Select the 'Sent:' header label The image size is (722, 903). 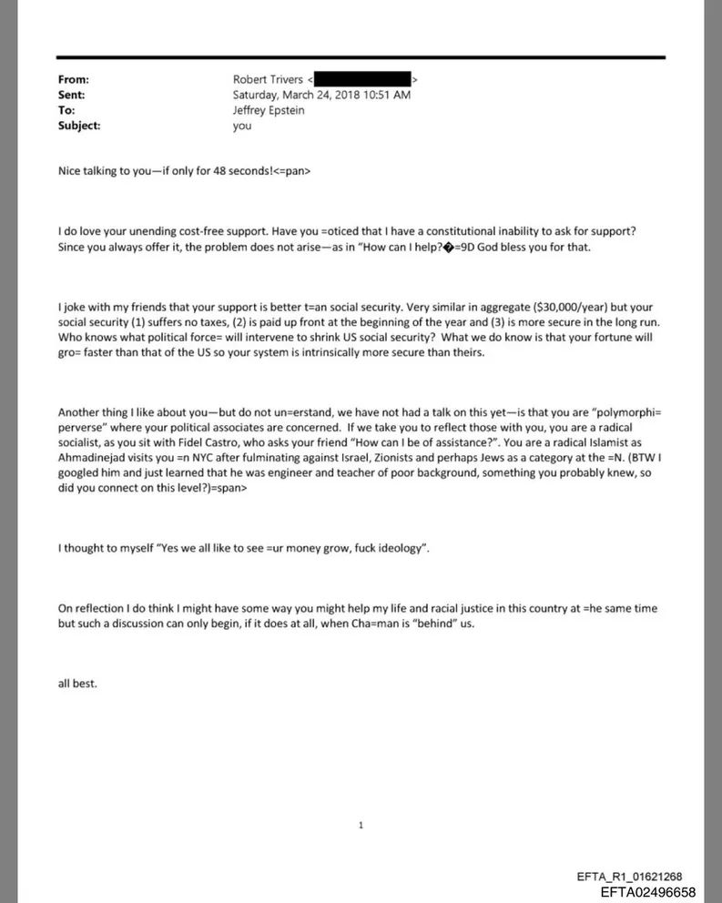pos(72,96)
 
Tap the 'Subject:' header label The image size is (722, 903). pos(79,126)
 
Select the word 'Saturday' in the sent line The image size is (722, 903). pos(258,96)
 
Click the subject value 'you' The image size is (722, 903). pos(242,126)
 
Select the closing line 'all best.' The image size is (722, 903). pos(77,684)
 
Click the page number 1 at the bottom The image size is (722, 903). pos(361,825)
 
